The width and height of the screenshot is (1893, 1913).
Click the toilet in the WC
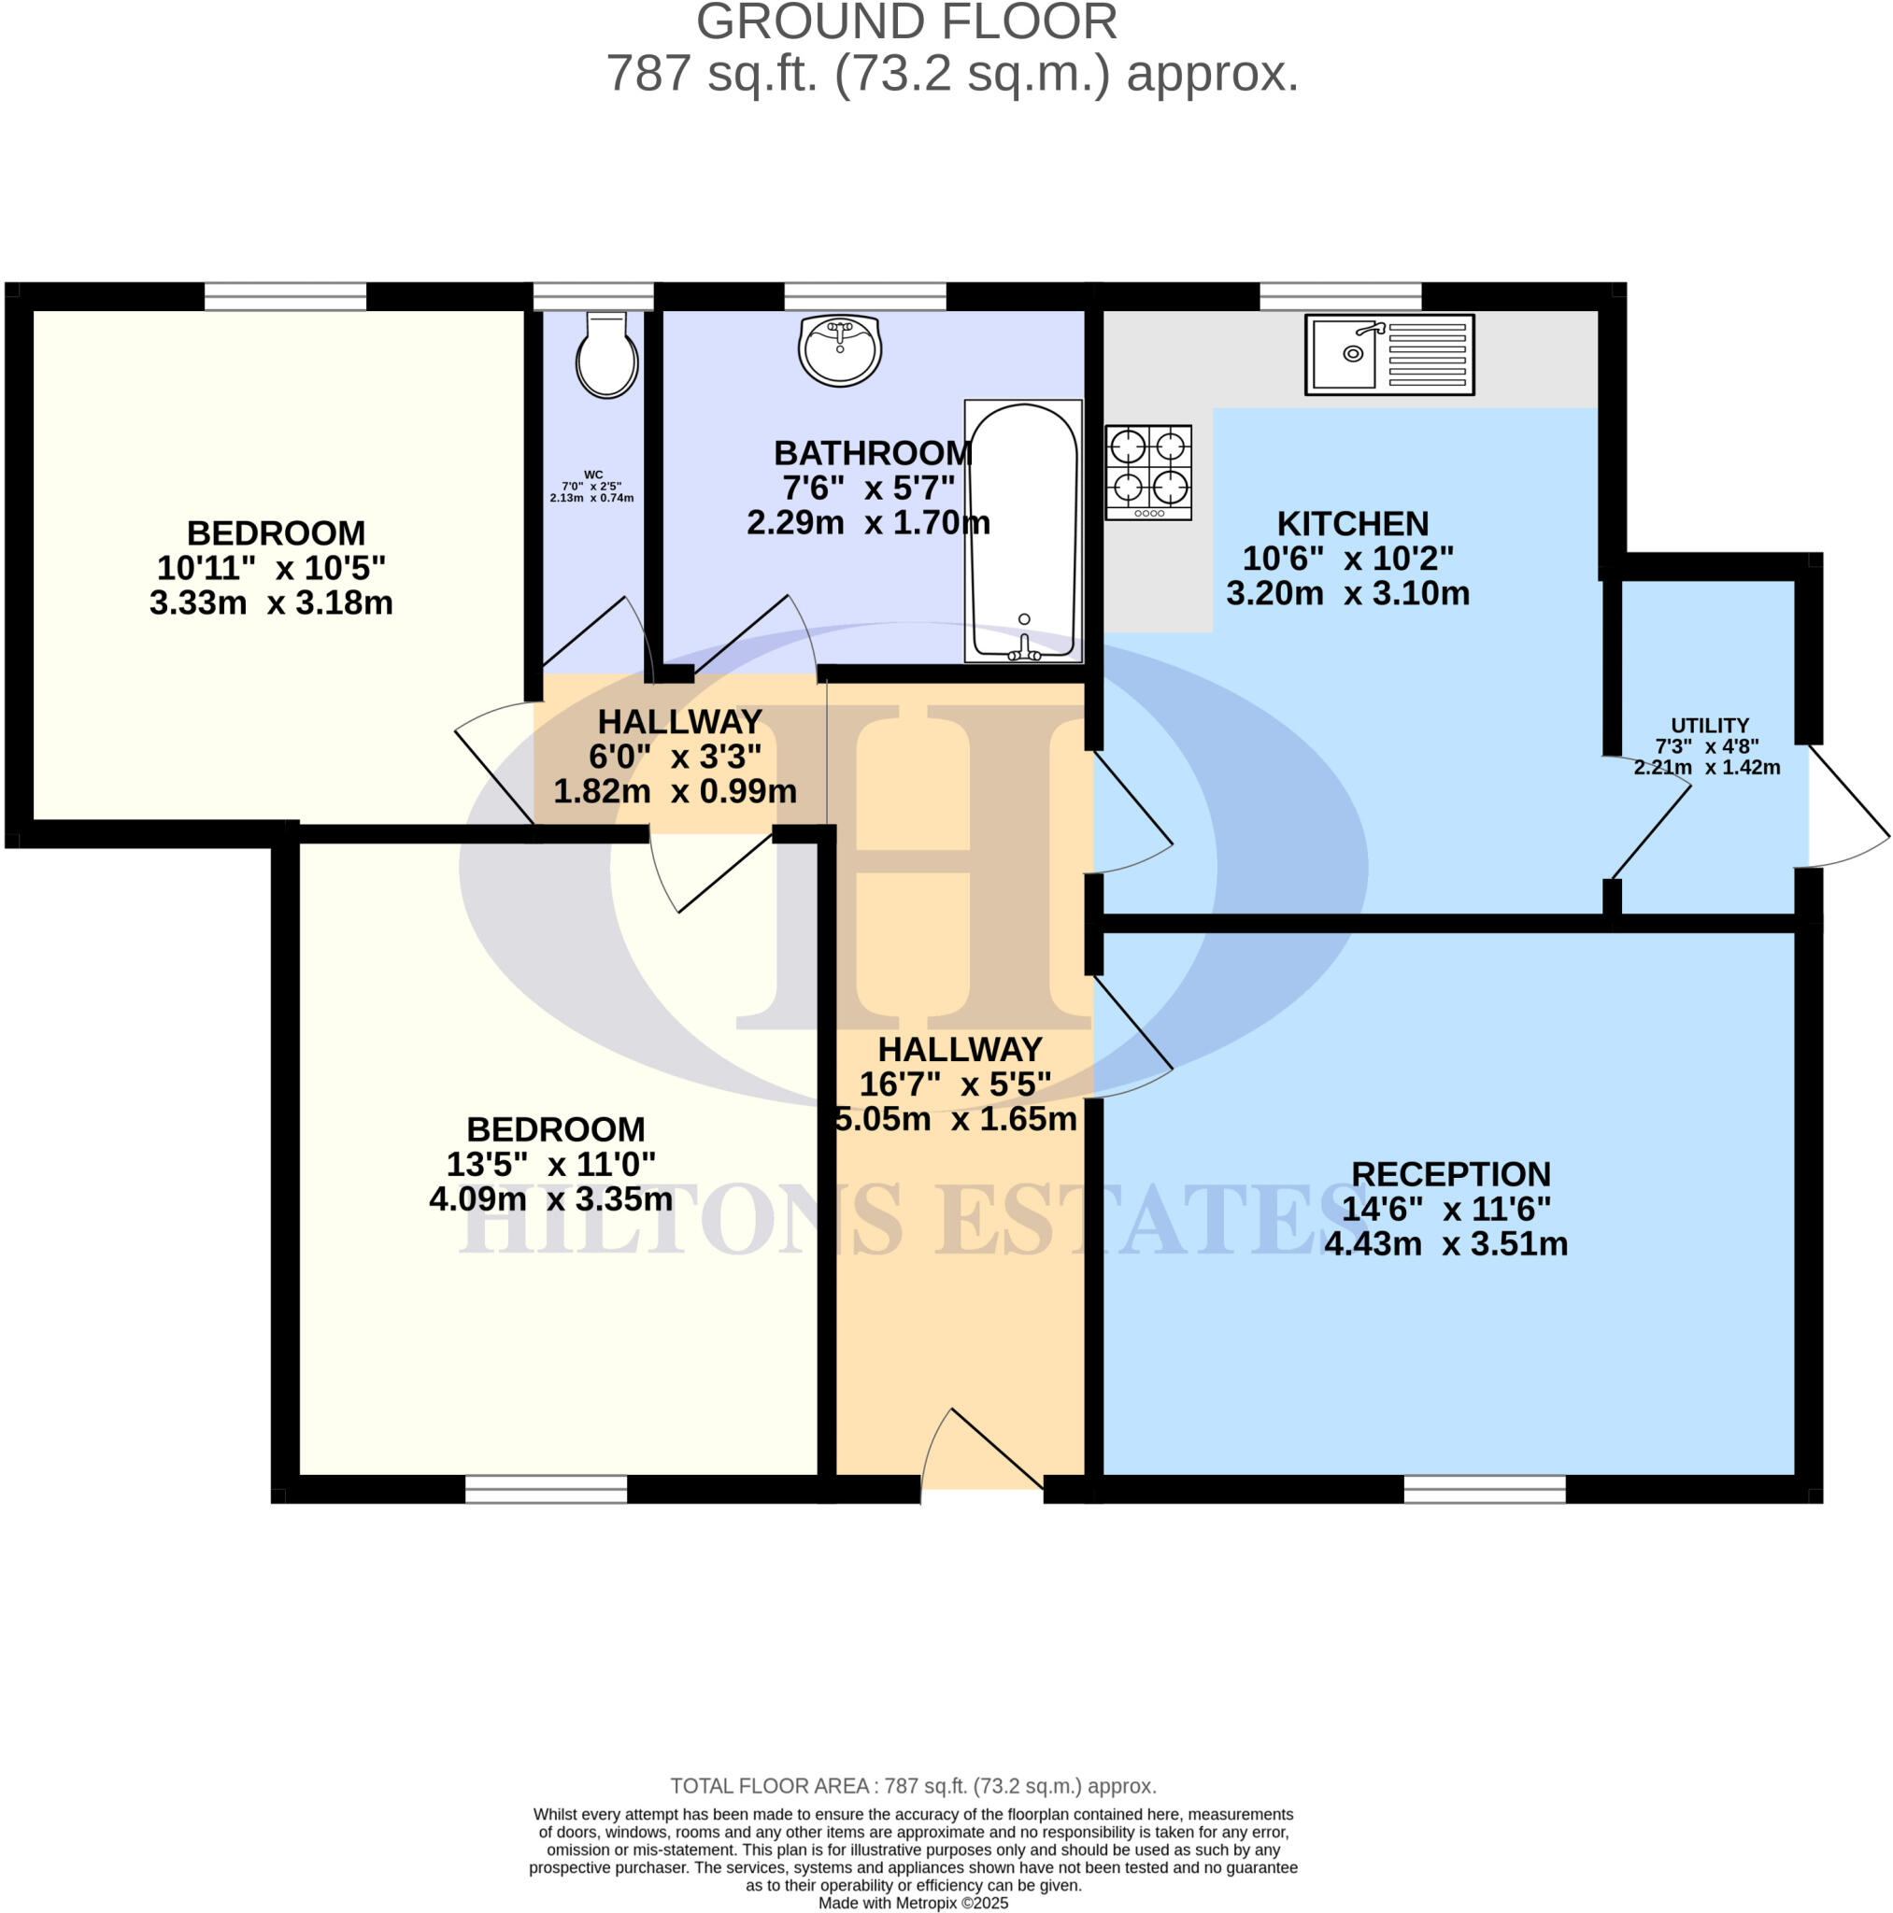(x=606, y=356)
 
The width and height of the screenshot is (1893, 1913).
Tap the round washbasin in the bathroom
(x=840, y=349)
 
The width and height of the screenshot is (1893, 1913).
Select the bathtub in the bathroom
(x=1022, y=531)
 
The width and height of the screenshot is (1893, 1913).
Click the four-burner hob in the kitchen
(x=1148, y=473)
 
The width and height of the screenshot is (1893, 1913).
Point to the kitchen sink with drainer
(x=1388, y=354)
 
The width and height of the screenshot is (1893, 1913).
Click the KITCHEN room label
(x=1352, y=524)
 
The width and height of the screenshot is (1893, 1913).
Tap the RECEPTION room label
(x=1450, y=1174)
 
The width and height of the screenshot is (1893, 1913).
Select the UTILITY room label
(x=1710, y=726)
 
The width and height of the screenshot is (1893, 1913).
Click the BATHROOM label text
(x=872, y=453)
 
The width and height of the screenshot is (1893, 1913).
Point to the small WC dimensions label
(x=592, y=488)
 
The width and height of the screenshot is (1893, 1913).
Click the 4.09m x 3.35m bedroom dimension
(x=550, y=1200)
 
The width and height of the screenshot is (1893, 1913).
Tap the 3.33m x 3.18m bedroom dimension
(x=270, y=603)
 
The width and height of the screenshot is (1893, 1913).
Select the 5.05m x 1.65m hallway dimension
(x=956, y=1120)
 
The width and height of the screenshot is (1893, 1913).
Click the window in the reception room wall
(x=1484, y=1488)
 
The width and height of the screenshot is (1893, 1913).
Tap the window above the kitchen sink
(x=1339, y=296)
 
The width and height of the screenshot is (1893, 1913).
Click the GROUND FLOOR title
(x=906, y=21)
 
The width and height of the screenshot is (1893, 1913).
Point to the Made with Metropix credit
(x=912, y=1903)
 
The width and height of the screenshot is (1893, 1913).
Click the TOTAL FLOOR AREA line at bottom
(x=912, y=1786)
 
